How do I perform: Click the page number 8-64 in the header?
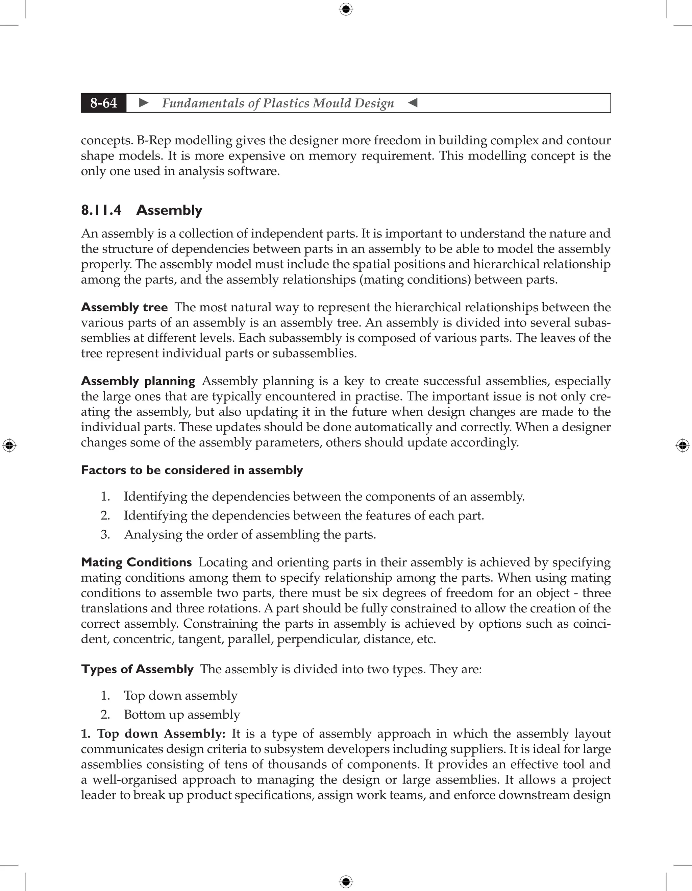[104, 103]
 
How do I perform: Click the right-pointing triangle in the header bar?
[144, 103]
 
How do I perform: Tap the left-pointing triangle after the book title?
[413, 103]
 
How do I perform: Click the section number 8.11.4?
[101, 210]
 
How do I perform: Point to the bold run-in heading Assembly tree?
[124, 307]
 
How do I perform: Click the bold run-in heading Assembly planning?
[138, 381]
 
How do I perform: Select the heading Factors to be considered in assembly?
[192, 470]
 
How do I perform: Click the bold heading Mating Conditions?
[136, 562]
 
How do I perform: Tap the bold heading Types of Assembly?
[137, 669]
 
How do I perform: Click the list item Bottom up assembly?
[182, 714]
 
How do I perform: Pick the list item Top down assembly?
[181, 695]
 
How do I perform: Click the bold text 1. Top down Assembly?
[153, 733]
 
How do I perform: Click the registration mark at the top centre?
[346, 9]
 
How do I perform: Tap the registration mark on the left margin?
[9, 445]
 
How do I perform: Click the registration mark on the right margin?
[683, 445]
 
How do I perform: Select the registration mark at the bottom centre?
[346, 882]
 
